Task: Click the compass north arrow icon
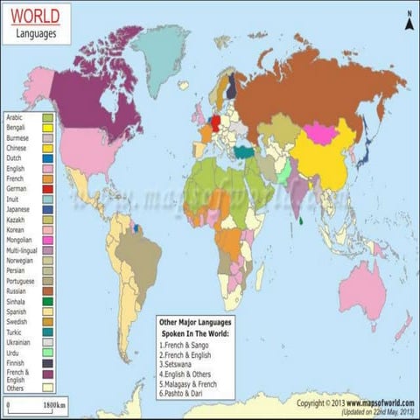point(406,15)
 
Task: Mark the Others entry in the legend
point(17,387)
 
